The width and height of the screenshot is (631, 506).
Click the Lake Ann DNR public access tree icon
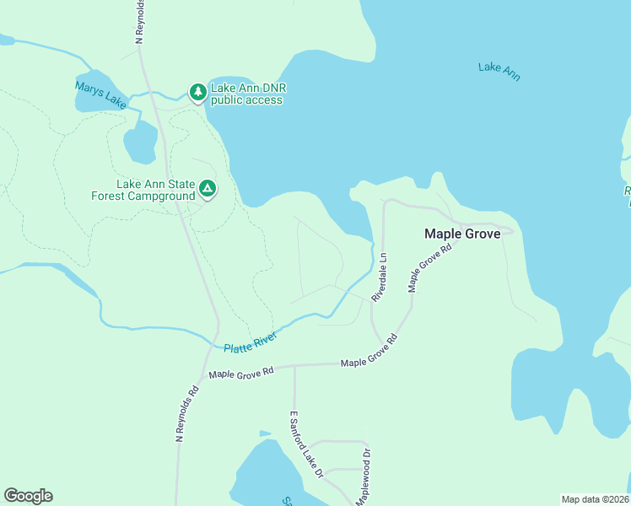[x=197, y=92]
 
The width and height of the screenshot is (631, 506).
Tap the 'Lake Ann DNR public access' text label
[x=246, y=94]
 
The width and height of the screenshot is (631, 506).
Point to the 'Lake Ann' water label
[x=499, y=72]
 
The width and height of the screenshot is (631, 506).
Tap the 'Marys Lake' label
[x=100, y=94]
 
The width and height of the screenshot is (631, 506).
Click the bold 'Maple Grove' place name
[x=462, y=234]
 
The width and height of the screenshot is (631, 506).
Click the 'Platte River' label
[x=251, y=342]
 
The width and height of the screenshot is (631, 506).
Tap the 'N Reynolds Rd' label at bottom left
[x=186, y=414]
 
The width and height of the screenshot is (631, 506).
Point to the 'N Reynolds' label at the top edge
[x=140, y=21]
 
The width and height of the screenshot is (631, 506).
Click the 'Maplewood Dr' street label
[x=363, y=477]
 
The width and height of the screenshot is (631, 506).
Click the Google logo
[x=28, y=496]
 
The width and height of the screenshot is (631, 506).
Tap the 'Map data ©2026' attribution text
[x=596, y=499]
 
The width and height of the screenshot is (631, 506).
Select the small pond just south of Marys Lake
[x=140, y=144]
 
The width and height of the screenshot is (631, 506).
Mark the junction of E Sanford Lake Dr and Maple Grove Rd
[x=294, y=366]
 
